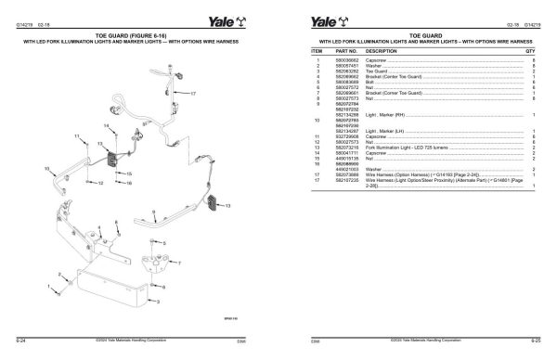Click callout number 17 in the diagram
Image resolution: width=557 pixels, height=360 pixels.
pyautogui.click(x=194, y=95)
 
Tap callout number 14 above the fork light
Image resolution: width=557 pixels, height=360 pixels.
pyautogui.click(x=107, y=125)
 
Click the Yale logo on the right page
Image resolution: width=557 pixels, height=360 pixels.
pyautogui.click(x=319, y=10)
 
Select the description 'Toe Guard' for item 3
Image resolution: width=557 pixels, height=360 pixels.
pyautogui.click(x=383, y=71)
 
